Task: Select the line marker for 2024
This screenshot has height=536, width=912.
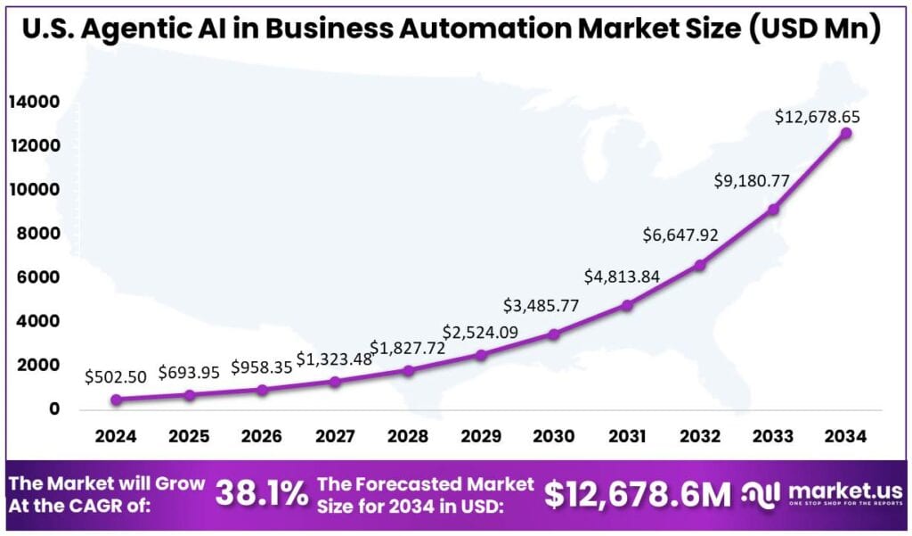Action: pyautogui.click(x=117, y=400)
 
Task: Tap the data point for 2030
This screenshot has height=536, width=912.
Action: pyautogui.click(x=554, y=334)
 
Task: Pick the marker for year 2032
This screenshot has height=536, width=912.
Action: pyautogui.click(x=700, y=265)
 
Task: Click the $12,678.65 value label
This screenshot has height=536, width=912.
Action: pyautogui.click(x=818, y=117)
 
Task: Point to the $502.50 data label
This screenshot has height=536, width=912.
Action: pyautogui.click(x=117, y=376)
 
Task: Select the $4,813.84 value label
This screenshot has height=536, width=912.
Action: pyautogui.click(x=623, y=276)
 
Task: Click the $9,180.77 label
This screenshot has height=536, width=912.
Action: pyautogui.click(x=753, y=180)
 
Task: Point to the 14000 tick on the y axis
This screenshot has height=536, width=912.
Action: pyautogui.click(x=35, y=103)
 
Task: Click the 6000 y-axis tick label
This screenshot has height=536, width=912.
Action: pyautogui.click(x=39, y=277)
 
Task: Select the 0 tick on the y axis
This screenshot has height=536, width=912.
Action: pyautogui.click(x=54, y=409)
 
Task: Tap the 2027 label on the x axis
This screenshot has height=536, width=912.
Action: pyautogui.click(x=335, y=436)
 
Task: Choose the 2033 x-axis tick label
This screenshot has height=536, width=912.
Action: pyautogui.click(x=773, y=436)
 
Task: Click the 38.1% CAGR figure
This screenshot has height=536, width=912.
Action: pyautogui.click(x=262, y=493)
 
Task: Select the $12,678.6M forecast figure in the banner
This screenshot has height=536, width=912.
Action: pyautogui.click(x=637, y=494)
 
